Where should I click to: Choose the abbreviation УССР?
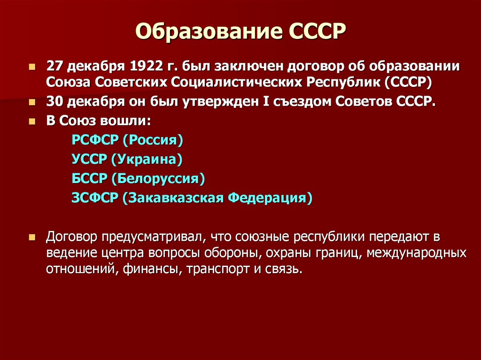pos(90,159)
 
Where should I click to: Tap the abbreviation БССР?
pos(89,178)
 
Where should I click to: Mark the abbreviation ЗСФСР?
pos(94,198)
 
